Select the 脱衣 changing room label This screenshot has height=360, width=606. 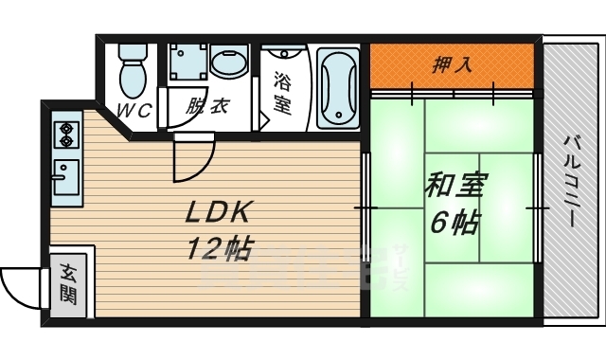pyautogui.click(x=205, y=107)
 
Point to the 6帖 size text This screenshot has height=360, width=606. pyautogui.click(x=454, y=224)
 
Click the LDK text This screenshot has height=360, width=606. pyautogui.click(x=219, y=210)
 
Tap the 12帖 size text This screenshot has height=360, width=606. pyautogui.click(x=219, y=248)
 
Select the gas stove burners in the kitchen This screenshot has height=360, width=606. pyautogui.click(x=67, y=135)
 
